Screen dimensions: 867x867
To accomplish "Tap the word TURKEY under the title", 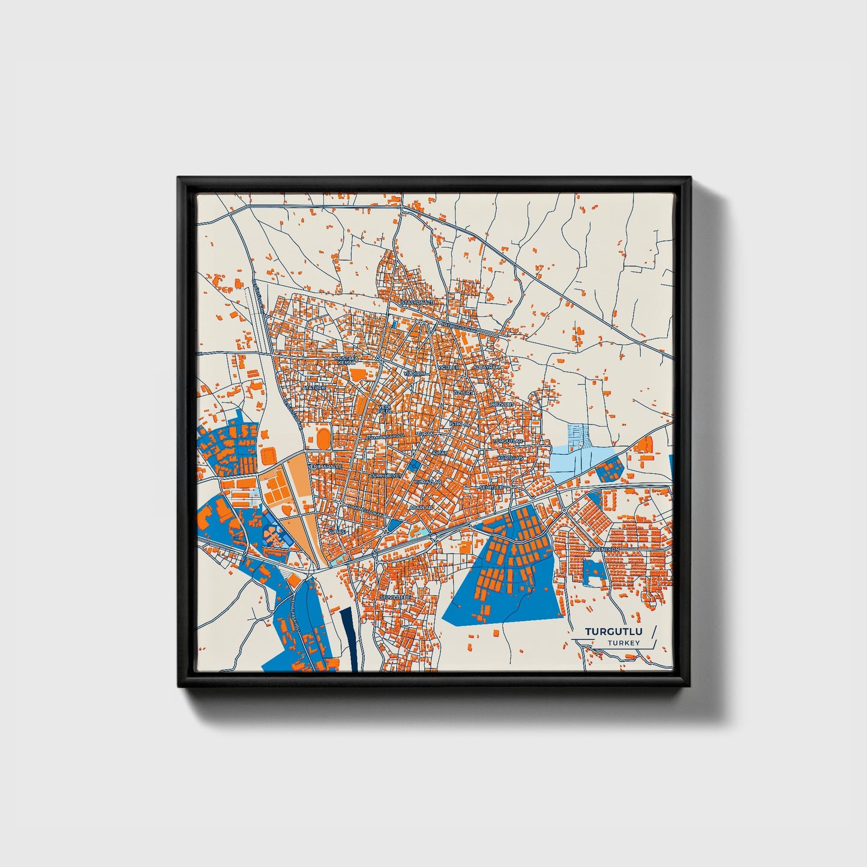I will point(623,643).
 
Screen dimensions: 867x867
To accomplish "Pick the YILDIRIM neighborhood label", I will point(414,373).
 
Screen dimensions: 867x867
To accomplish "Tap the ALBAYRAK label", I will point(486,367).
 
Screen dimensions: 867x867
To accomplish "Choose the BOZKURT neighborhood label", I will point(502,405).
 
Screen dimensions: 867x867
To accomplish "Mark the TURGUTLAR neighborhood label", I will point(508,441).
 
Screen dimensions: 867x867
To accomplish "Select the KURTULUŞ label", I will point(511,458).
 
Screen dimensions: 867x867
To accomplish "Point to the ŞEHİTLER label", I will point(491,487).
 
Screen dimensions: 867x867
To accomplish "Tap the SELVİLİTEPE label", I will point(394,598).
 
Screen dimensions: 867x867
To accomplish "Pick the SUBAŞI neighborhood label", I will point(334,532).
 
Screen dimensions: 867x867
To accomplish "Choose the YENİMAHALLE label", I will point(325,466).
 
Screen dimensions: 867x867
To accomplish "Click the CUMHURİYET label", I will point(385,475).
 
